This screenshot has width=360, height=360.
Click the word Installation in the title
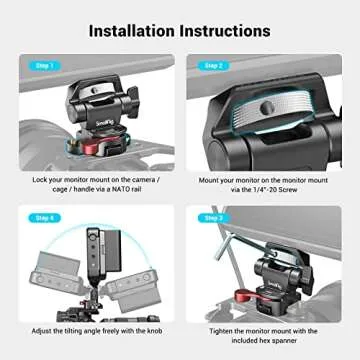pos(131,29)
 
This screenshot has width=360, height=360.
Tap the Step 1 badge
pos(43,65)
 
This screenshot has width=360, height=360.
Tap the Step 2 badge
pos(212,65)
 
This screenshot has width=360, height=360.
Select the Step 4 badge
pos(43,216)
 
